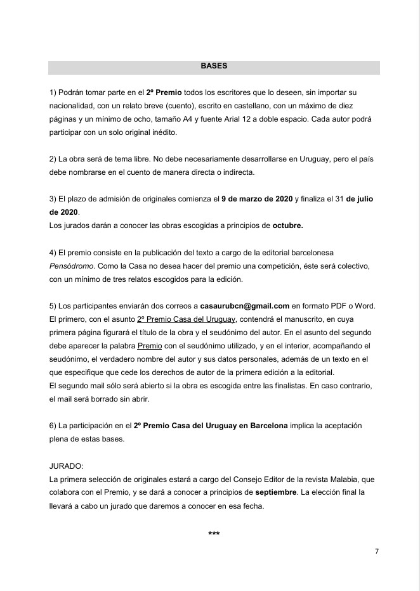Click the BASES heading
click(214, 66)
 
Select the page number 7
click(377, 551)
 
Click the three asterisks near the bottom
click(214, 534)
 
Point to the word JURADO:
click(67, 465)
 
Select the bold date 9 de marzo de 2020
click(256, 199)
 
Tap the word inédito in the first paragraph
click(163, 132)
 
